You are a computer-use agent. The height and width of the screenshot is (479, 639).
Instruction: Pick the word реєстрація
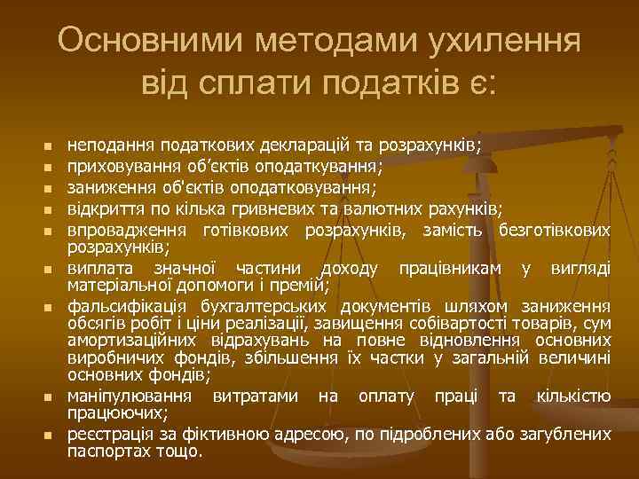(x=108, y=435)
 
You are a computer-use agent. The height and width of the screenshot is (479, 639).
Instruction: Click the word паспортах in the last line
(x=106, y=451)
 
